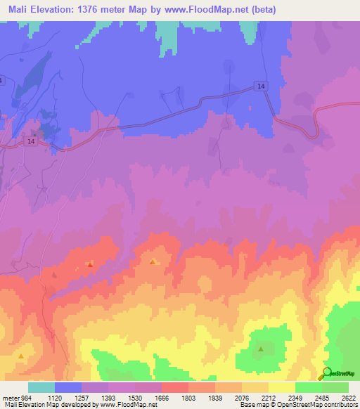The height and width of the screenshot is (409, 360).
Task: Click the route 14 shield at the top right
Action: coord(261,86)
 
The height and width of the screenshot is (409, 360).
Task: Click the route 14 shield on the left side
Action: coord(30,141)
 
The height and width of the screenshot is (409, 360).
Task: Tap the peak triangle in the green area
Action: coord(261,349)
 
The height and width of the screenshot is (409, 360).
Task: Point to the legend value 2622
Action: coord(349,397)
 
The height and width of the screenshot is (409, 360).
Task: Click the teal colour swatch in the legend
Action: coord(41,387)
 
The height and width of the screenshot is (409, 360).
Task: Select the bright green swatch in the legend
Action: coord(308,387)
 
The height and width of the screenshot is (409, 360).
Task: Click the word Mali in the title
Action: coord(19,10)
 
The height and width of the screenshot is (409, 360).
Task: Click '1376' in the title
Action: coord(106,10)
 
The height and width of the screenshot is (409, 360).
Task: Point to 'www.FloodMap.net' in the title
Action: coord(210,10)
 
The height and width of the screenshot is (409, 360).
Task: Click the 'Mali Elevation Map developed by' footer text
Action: coord(44,405)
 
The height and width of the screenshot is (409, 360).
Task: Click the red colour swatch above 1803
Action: coord(175,387)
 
